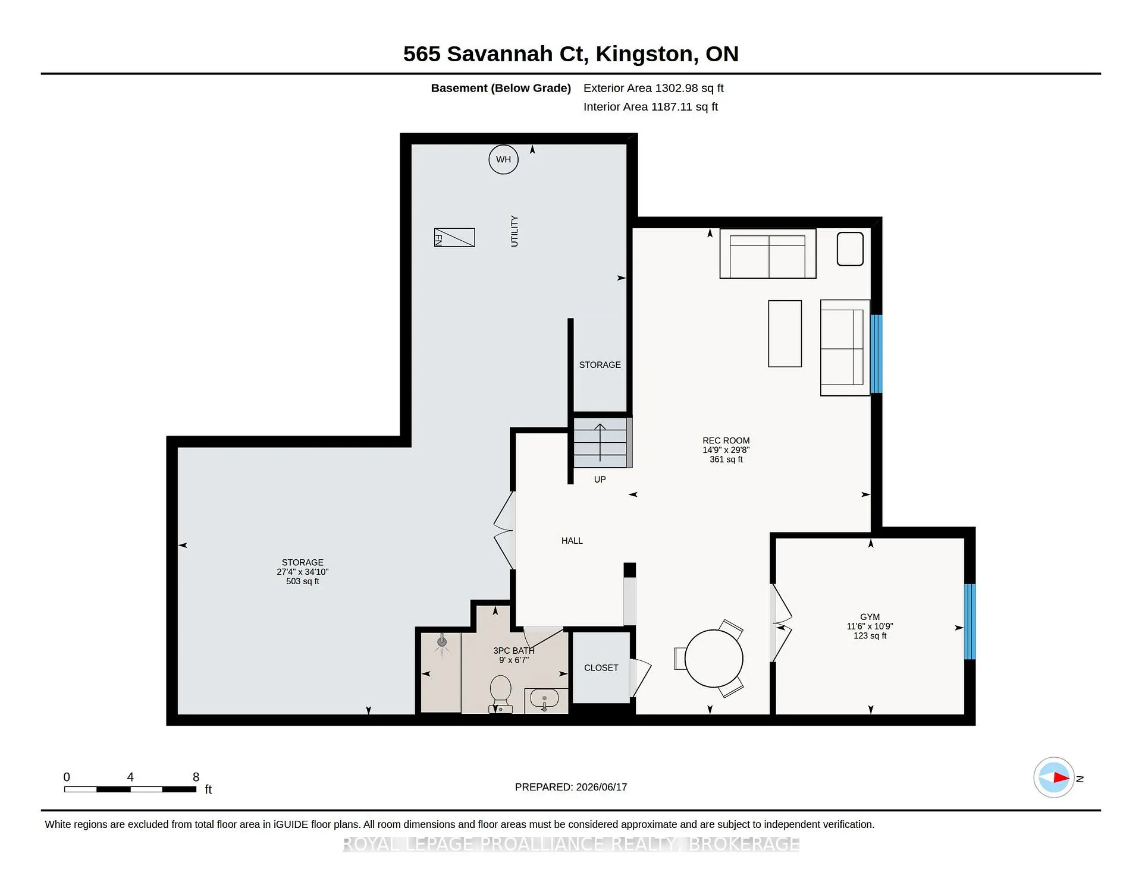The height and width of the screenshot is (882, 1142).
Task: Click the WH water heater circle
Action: (x=503, y=159)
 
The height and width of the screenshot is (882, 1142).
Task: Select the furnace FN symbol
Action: (x=454, y=238)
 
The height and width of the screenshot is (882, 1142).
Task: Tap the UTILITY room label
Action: (x=514, y=231)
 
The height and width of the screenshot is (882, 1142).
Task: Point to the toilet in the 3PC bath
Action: (x=500, y=694)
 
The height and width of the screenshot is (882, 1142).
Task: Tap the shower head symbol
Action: (x=441, y=642)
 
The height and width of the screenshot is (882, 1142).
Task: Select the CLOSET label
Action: (x=601, y=668)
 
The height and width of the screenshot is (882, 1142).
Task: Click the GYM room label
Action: (x=870, y=617)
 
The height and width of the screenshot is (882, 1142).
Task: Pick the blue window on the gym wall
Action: (x=970, y=622)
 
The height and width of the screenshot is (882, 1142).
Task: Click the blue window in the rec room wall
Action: (x=876, y=354)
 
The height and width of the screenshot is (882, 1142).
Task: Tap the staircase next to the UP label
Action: (x=600, y=442)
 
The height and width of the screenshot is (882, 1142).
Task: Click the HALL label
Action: (x=572, y=541)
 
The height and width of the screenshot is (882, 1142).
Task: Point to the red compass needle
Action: (x=1062, y=777)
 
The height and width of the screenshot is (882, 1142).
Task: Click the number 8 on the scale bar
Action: (x=196, y=777)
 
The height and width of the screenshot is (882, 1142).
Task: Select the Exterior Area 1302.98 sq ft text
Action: (x=653, y=88)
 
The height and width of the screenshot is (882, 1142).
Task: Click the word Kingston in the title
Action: (x=647, y=54)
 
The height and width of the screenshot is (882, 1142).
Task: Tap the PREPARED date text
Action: (x=571, y=787)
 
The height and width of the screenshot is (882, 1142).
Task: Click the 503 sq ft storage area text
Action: (x=303, y=581)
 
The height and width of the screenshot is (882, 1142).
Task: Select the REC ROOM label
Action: (x=726, y=440)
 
